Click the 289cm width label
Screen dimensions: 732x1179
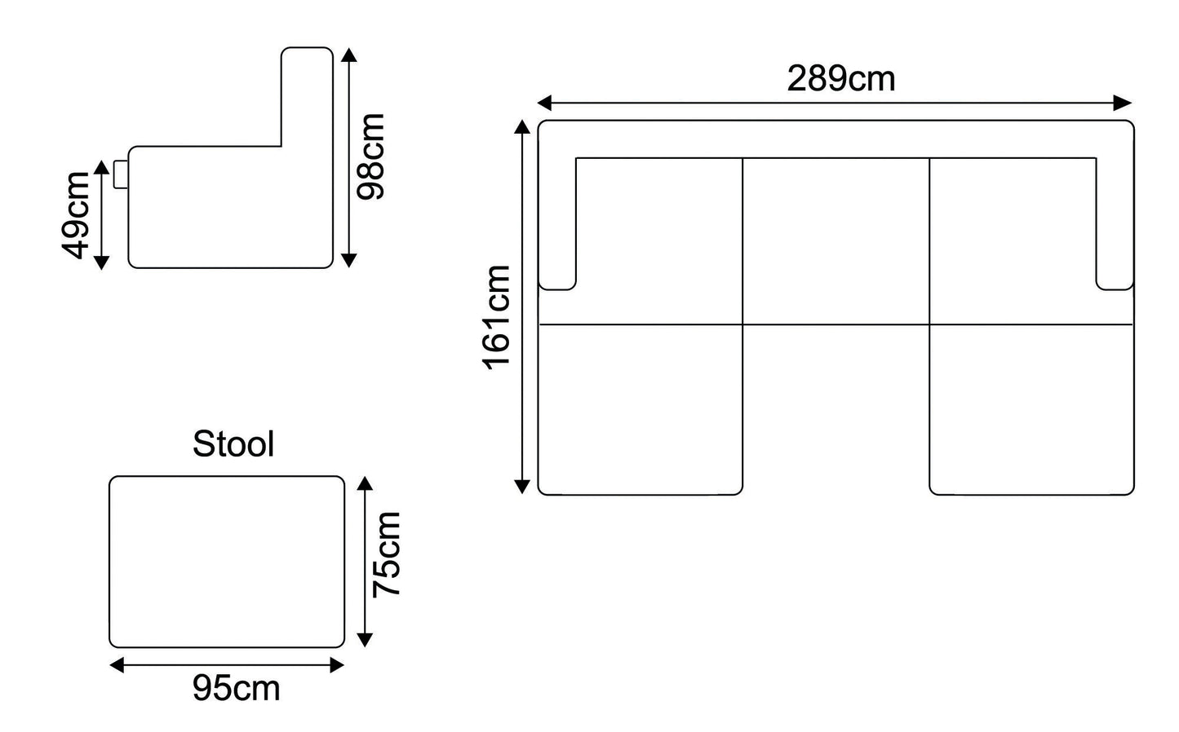point(840,79)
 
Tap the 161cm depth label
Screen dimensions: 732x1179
point(497,318)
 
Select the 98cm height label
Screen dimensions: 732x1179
point(370,157)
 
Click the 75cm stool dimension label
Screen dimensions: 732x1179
point(386,555)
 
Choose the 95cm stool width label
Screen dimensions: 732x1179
point(236,689)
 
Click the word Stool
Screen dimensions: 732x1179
point(233,444)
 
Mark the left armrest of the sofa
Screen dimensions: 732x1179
point(557,212)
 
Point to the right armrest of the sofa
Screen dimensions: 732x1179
point(1115,212)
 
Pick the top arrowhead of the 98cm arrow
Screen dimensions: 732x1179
point(348,55)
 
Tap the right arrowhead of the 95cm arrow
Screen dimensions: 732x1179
point(336,665)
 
